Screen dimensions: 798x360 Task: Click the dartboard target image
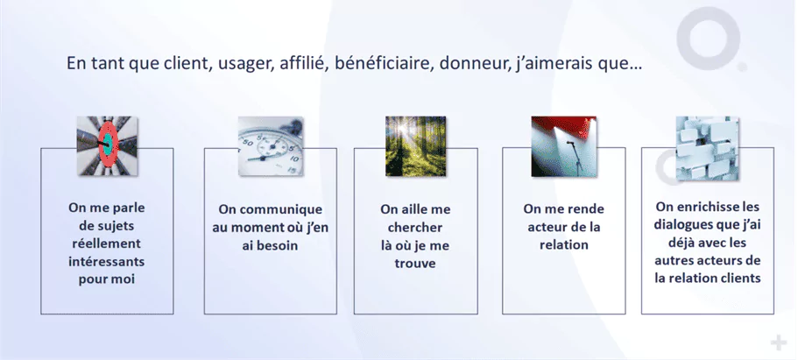tap(107, 145)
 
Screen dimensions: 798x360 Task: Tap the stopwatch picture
tap(271, 146)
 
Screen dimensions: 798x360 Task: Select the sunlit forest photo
tap(415, 146)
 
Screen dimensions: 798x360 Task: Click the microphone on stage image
tap(563, 146)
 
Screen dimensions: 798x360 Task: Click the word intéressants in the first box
tap(106, 262)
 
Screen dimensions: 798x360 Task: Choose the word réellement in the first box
tap(106, 244)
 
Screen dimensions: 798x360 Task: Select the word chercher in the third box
tap(415, 227)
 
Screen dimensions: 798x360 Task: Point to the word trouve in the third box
tap(415, 264)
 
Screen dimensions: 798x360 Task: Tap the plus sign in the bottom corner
tap(778, 342)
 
